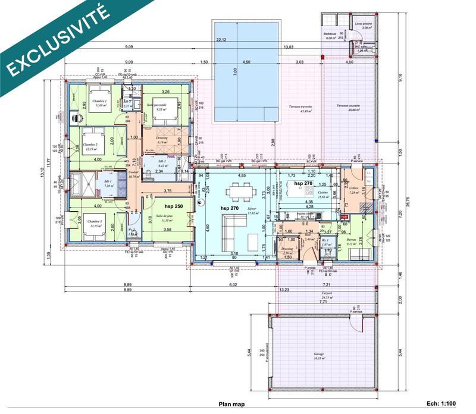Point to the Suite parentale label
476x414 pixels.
click(x=158, y=105)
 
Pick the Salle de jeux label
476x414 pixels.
click(x=164, y=217)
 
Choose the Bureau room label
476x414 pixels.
click(x=351, y=239)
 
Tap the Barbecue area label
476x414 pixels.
click(x=330, y=34)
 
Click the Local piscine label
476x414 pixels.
click(x=362, y=24)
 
